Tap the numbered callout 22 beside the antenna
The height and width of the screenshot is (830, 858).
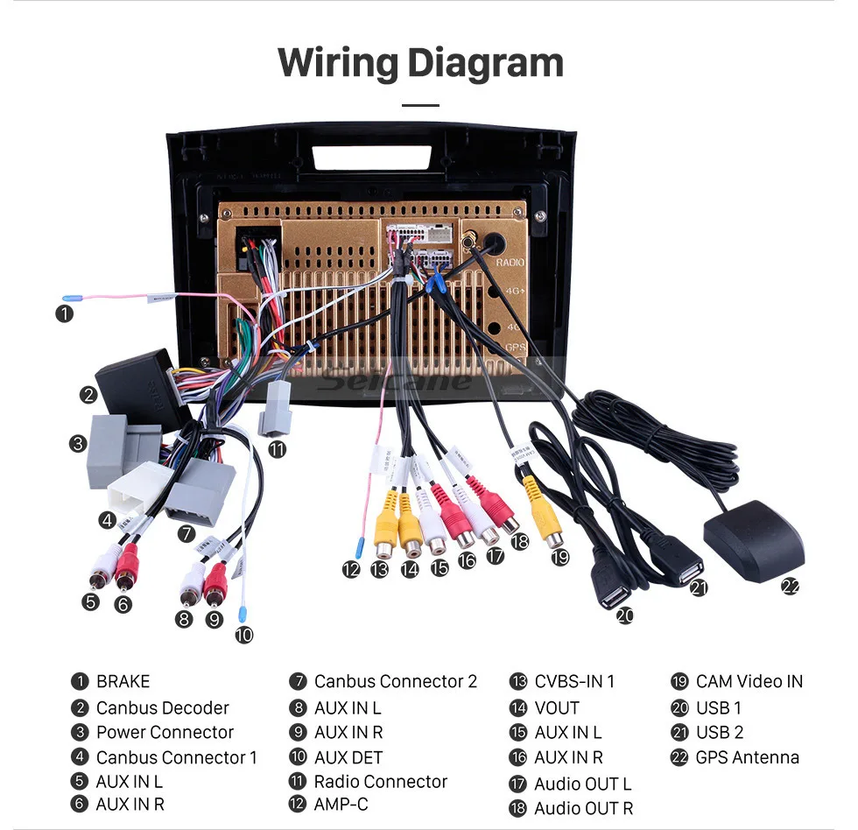point(791,587)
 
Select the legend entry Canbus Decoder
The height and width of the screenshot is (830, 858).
point(162,707)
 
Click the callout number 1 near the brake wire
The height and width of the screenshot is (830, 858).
point(64,313)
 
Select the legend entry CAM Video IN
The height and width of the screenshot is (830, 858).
point(749,681)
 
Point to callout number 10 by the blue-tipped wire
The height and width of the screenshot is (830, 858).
point(243,635)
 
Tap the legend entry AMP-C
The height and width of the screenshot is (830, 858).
point(341,804)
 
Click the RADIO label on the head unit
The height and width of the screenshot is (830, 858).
point(510,262)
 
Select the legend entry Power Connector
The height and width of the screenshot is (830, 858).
point(165,732)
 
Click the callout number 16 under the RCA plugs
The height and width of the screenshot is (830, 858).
point(467,559)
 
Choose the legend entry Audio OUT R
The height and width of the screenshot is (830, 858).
point(583,808)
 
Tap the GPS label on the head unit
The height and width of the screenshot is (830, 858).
point(516,347)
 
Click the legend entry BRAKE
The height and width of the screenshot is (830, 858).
point(123,681)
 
